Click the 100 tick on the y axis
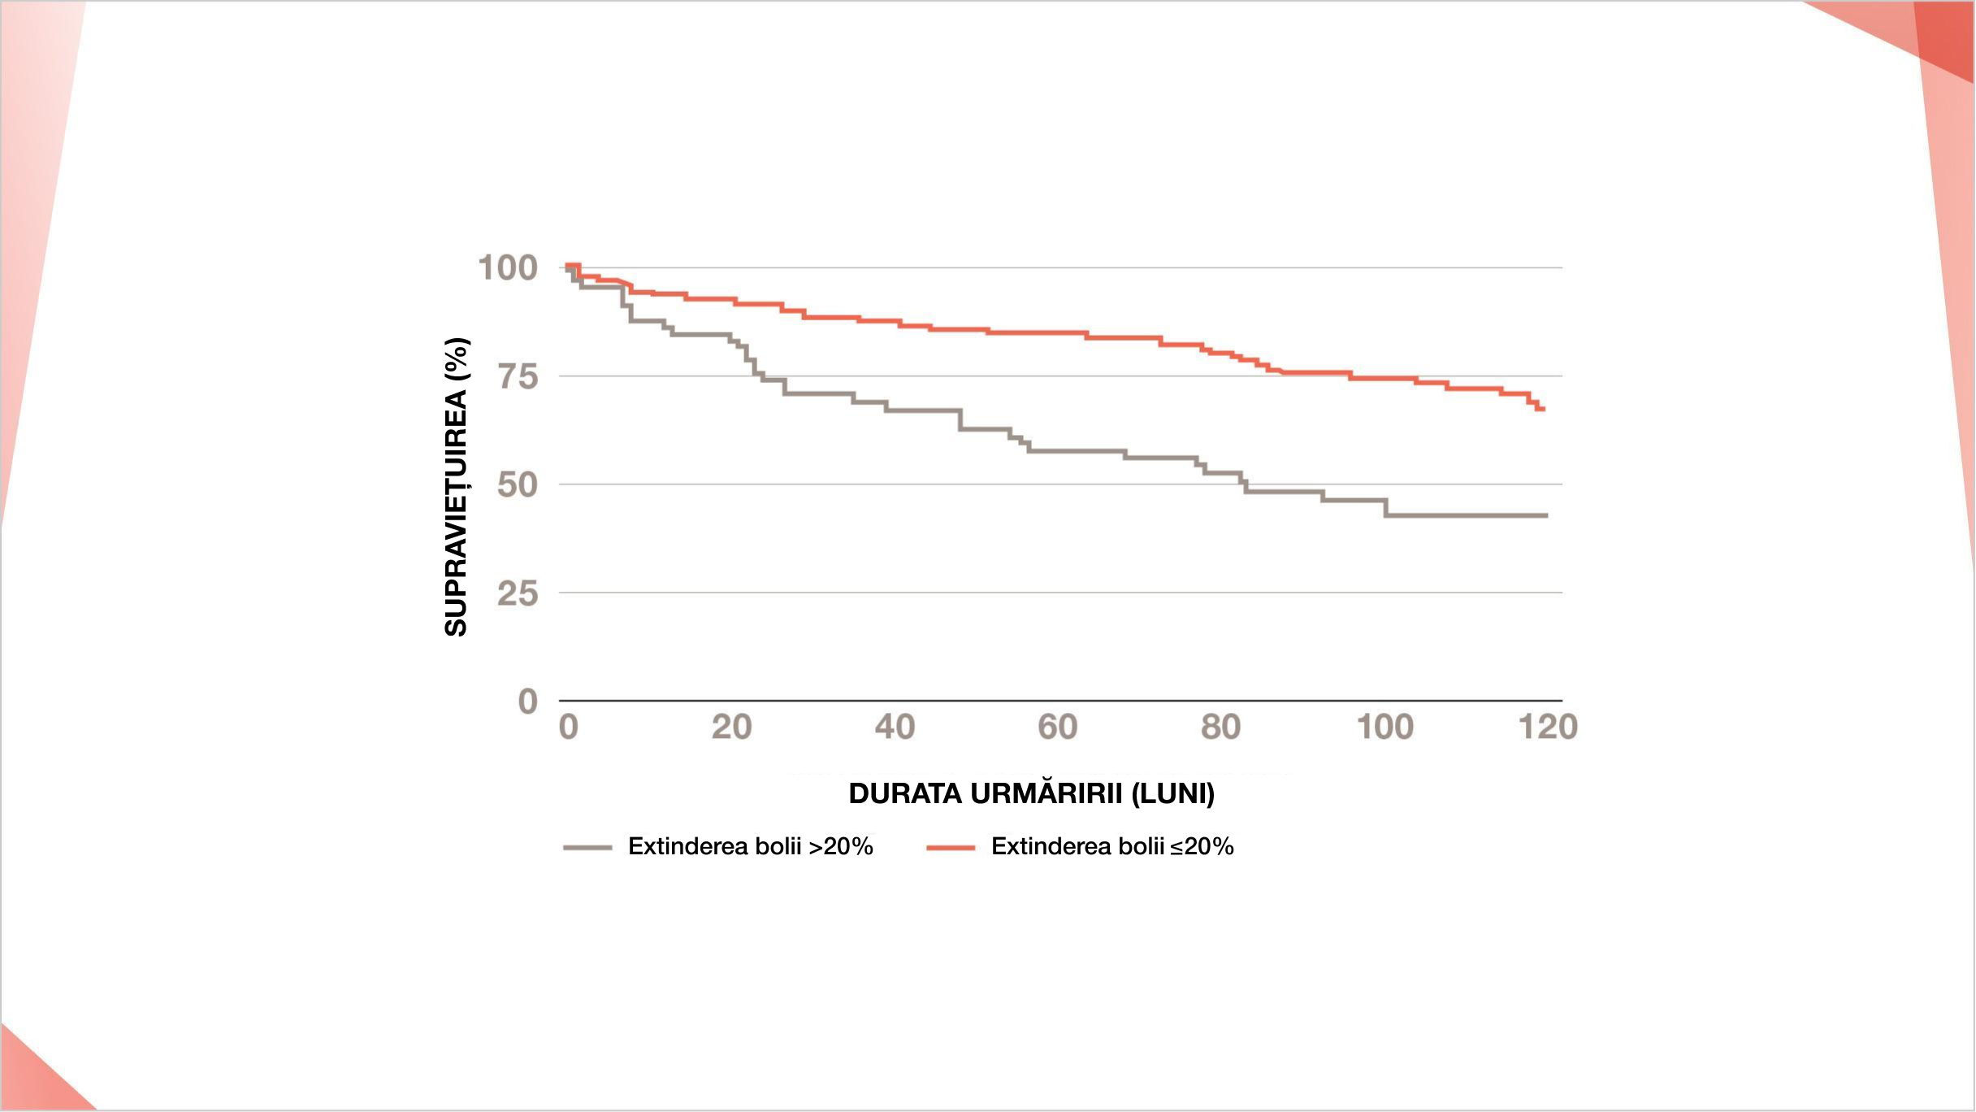coord(508,267)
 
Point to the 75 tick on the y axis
coord(518,376)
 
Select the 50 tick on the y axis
coord(518,484)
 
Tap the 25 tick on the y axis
coord(518,593)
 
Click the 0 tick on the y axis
coord(528,701)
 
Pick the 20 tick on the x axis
coord(731,727)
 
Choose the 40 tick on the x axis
coord(895,727)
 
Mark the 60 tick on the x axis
coord(1058,727)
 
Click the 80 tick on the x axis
coord(1221,727)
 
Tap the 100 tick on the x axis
coord(1385,727)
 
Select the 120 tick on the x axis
coord(1548,727)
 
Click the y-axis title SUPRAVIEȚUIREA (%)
coord(457,486)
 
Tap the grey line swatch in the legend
coord(587,848)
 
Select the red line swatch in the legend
coord(951,848)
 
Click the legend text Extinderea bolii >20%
coord(750,846)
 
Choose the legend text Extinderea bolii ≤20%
coord(1112,846)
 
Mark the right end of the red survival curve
coord(1542,409)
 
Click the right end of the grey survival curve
coord(1546,515)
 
